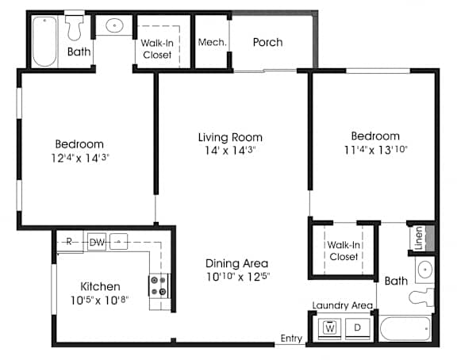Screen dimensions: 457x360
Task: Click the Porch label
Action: pyautogui.click(x=267, y=43)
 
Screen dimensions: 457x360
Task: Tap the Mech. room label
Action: pyautogui.click(x=212, y=43)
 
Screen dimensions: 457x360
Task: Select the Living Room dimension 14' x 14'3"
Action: pyautogui.click(x=230, y=151)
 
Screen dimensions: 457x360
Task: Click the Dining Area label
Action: pyautogui.click(x=236, y=263)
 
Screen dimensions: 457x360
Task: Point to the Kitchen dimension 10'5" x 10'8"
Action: pyautogui.click(x=99, y=300)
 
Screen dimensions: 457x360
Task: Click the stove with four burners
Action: pyautogui.click(x=159, y=285)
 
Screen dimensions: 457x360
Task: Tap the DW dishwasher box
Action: pyautogui.click(x=97, y=242)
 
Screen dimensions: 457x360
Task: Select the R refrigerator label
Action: pyautogui.click(x=69, y=241)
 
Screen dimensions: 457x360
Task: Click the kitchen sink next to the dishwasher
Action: pyautogui.click(x=119, y=242)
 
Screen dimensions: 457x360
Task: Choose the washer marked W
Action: pyautogui.click(x=329, y=328)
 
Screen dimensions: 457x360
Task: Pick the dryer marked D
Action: pyautogui.click(x=358, y=328)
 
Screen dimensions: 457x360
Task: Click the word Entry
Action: pyautogui.click(x=291, y=338)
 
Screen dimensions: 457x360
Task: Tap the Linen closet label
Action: pyautogui.click(x=419, y=238)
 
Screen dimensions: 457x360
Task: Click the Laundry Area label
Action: pyautogui.click(x=343, y=305)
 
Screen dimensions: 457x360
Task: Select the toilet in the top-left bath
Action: pyautogui.click(x=75, y=27)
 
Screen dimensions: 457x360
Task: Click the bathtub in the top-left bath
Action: pyautogui.click(x=44, y=41)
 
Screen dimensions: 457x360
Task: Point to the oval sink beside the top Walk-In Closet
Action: pyautogui.click(x=114, y=25)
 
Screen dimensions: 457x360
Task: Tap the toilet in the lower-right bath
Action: pyautogui.click(x=421, y=297)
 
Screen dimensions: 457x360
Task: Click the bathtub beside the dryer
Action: pyautogui.click(x=405, y=329)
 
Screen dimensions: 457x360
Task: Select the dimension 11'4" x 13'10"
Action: pyautogui.click(x=375, y=150)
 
